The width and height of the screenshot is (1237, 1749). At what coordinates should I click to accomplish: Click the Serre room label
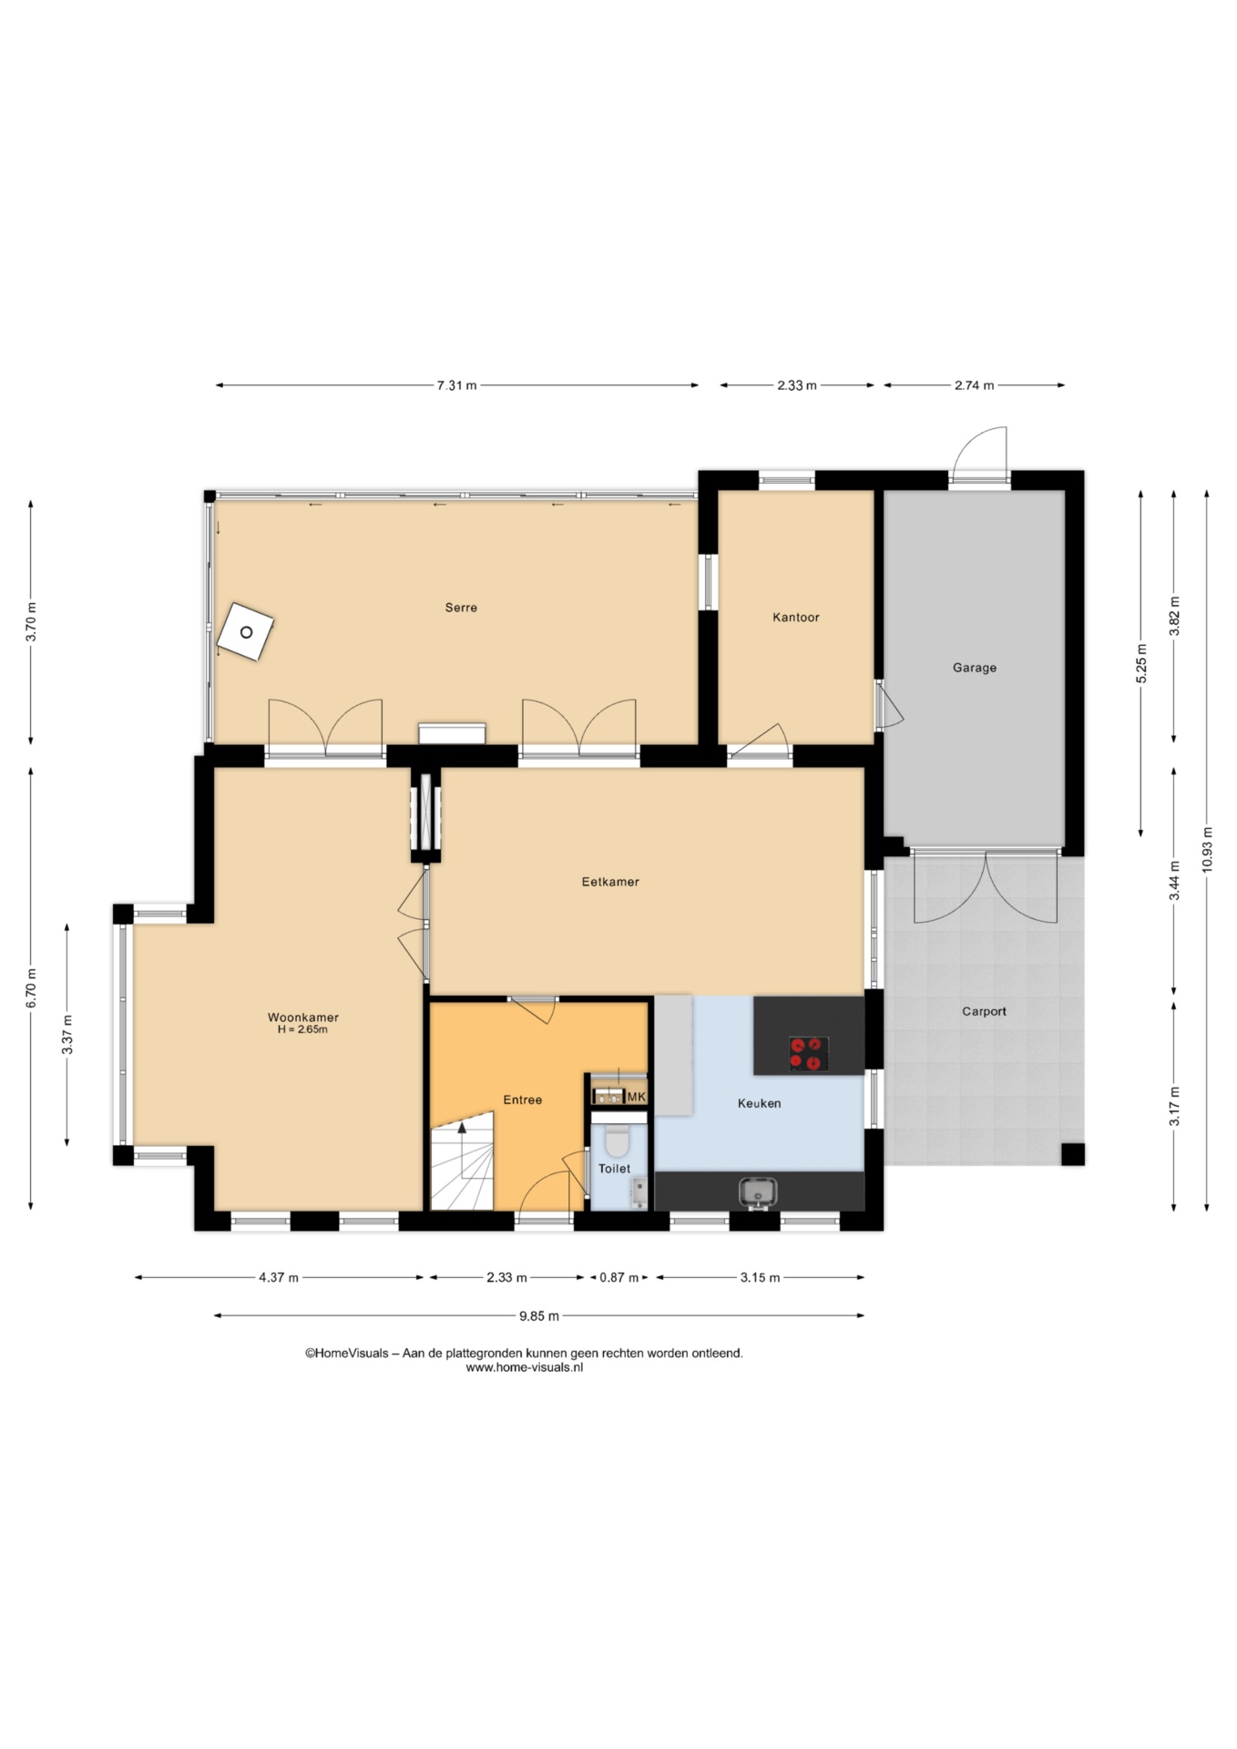coord(461,608)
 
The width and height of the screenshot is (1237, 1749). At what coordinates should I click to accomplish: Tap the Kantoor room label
coord(796,618)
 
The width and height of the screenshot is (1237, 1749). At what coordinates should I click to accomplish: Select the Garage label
coord(975,668)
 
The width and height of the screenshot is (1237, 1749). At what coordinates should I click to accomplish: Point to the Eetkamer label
coord(610,882)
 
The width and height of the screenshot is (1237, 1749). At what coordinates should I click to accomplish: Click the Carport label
coord(985,1011)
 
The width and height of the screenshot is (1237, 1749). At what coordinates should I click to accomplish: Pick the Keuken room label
coord(760,1103)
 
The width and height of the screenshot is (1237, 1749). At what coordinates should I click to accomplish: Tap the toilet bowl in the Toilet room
coord(618,1140)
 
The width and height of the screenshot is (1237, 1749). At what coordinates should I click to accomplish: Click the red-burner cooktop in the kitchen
coord(809,1054)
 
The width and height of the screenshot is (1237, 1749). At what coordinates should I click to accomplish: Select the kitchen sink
coord(758,1192)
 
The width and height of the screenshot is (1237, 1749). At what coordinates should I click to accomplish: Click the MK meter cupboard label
coord(636,1097)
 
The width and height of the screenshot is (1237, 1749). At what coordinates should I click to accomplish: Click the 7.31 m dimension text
coord(457,385)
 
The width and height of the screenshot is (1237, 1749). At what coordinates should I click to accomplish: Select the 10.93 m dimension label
coord(1207,849)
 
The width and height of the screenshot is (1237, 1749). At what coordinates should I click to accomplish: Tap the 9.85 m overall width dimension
coord(539,1315)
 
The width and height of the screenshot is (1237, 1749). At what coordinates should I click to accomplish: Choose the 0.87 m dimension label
coord(619,1277)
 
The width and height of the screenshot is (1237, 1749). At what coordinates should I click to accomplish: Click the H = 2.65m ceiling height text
coord(302,1029)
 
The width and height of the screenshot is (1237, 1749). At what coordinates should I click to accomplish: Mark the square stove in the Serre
coord(246,632)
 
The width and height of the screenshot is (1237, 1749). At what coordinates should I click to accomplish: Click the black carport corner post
coord(1073,1154)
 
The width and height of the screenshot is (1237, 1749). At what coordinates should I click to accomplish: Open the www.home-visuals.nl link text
coord(525,1367)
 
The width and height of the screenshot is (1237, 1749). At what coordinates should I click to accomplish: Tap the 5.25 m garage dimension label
coord(1141,663)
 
